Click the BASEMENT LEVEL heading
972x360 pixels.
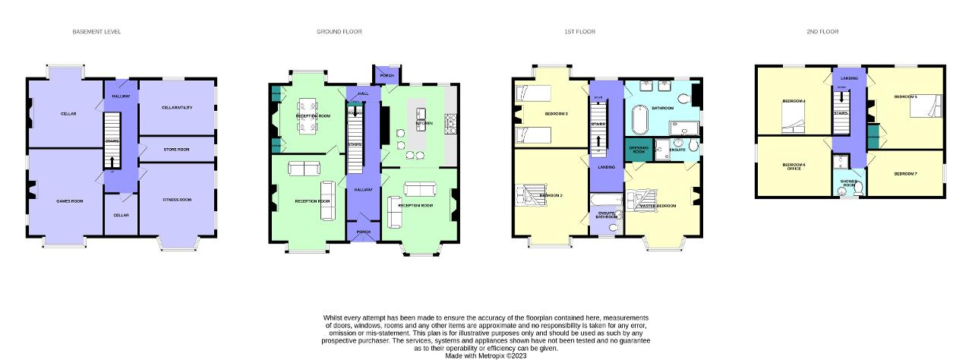(96, 32)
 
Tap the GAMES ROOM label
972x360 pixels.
(68, 201)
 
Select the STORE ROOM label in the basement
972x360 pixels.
(176, 150)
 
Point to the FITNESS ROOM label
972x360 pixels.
(177, 200)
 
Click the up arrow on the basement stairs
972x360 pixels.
(112, 161)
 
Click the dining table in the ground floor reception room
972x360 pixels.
(308, 116)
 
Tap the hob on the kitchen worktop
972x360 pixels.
(448, 120)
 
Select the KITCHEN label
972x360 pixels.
(424, 122)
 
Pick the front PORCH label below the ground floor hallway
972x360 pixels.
(363, 232)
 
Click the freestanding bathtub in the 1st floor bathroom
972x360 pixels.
(639, 118)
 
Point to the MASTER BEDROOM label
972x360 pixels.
(658, 206)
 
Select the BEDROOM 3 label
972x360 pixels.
(556, 114)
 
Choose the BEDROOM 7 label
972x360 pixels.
(905, 174)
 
